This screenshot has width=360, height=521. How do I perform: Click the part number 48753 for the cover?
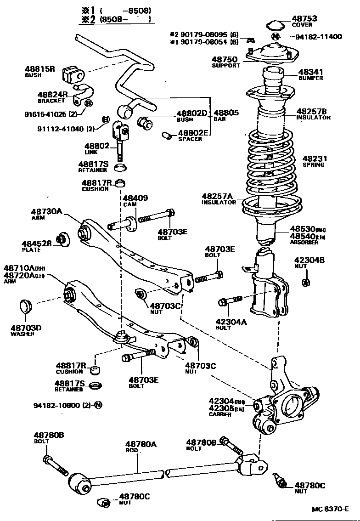(304, 18)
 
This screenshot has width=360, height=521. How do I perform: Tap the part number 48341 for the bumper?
(310, 72)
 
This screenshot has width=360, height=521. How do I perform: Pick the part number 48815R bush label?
(39, 69)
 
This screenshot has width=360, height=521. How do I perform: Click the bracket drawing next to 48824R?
(83, 94)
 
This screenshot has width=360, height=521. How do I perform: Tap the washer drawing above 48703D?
(26, 306)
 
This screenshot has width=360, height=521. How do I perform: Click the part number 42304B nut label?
(309, 260)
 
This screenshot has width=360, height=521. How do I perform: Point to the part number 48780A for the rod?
(141, 444)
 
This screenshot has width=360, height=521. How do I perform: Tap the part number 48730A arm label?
(46, 211)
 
